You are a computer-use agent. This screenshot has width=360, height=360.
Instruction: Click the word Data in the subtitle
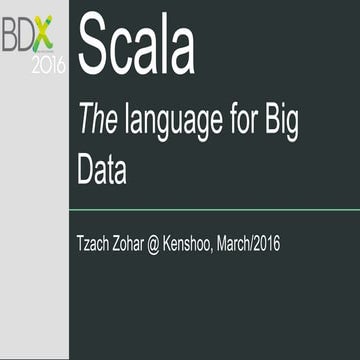coord(102,170)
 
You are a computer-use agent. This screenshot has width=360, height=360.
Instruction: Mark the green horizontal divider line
coord(214,210)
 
